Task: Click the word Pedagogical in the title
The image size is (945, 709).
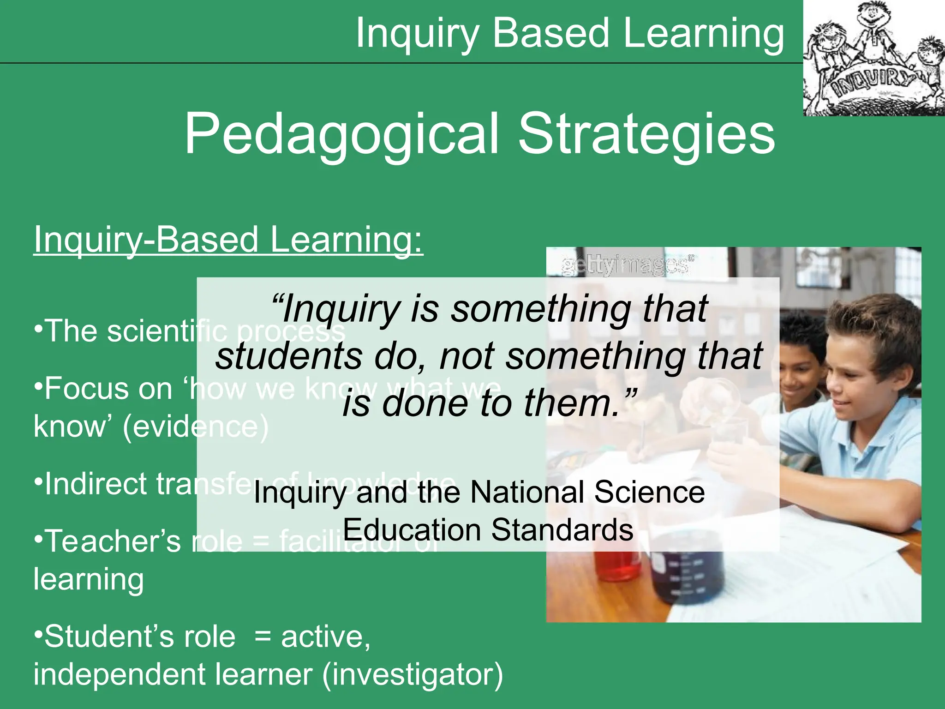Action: coord(342,135)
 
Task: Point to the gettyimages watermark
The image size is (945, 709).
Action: coord(627,266)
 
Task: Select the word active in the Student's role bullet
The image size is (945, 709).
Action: coord(325,637)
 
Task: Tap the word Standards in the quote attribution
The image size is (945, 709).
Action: coord(562,529)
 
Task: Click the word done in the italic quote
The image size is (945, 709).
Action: coord(424,403)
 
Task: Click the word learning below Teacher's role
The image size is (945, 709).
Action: coord(89,580)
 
